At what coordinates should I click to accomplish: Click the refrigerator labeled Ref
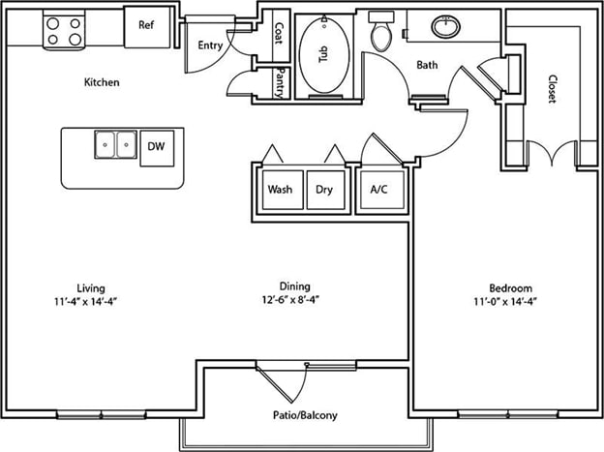[147, 27]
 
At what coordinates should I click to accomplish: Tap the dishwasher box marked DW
[157, 148]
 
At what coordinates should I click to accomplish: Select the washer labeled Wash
[283, 190]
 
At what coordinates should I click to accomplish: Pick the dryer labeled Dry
[325, 190]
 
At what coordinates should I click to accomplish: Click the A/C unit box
[382, 190]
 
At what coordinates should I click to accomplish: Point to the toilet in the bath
[381, 32]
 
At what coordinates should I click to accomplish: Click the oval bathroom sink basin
[445, 26]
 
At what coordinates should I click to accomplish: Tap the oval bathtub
[324, 54]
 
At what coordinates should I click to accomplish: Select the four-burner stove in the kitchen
[64, 30]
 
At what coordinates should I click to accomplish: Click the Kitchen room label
[102, 82]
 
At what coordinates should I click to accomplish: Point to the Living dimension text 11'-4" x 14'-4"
[85, 301]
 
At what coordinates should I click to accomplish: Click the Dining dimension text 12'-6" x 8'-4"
[290, 299]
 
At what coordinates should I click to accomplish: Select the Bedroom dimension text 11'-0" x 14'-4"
[505, 301]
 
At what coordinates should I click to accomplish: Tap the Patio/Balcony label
[305, 415]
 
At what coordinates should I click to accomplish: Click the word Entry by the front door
[210, 45]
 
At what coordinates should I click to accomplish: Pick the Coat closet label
[280, 33]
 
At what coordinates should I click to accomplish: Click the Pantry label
[280, 83]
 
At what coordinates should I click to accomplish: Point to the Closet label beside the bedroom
[553, 89]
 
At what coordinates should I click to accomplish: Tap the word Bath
[427, 65]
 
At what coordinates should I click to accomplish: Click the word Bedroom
[511, 288]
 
